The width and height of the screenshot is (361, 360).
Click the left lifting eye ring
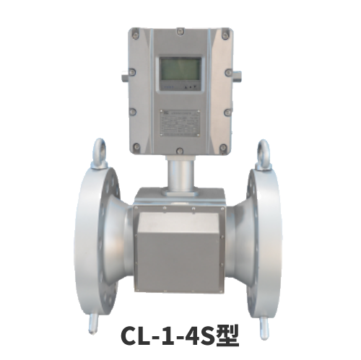(98, 154)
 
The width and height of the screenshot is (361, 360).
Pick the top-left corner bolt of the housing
(134, 33)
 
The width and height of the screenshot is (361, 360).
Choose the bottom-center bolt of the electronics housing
(179, 150)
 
